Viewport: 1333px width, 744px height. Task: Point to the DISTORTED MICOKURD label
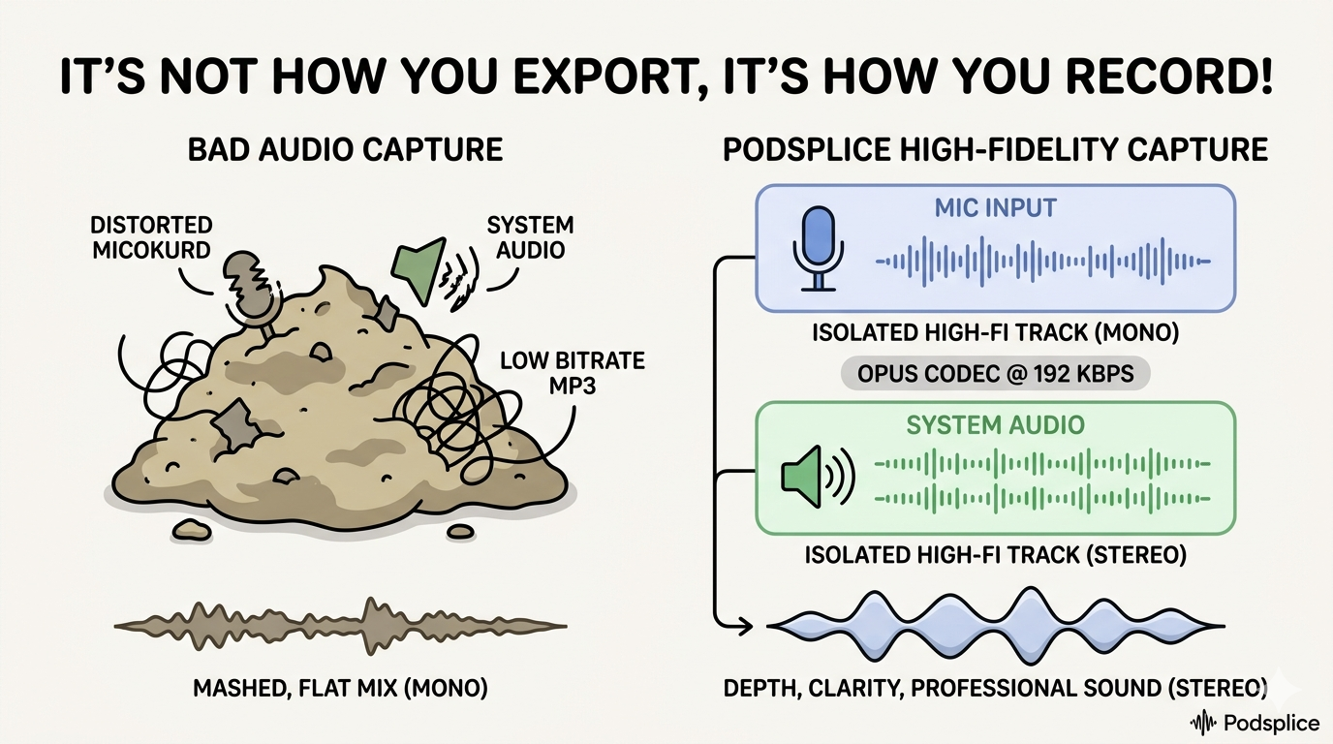[x=151, y=237]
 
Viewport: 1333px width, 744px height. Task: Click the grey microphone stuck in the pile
[x=250, y=286]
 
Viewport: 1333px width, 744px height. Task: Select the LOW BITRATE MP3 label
[x=572, y=373]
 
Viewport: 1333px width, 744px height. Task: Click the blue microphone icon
[x=819, y=248]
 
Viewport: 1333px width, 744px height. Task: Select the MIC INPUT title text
[x=995, y=207]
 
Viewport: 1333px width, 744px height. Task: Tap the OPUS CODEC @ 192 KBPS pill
[x=995, y=373]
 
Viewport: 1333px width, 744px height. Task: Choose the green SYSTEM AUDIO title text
[x=995, y=425]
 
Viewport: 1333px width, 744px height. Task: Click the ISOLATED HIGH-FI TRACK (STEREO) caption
[x=995, y=557]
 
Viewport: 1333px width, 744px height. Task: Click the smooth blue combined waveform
[x=995, y=625]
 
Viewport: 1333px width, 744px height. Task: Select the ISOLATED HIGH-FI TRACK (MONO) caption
[x=995, y=334]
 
